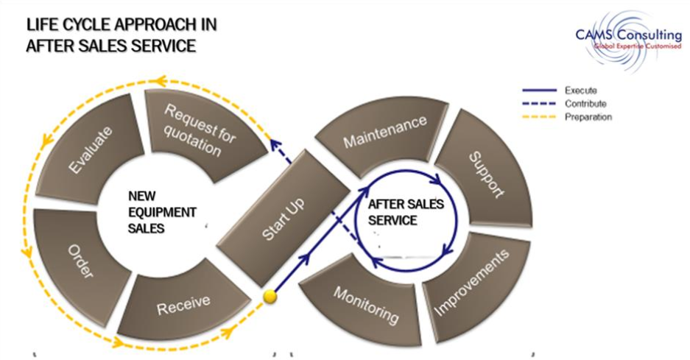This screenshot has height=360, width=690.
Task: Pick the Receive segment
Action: (184, 302)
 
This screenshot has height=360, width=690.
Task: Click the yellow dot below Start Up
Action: (271, 297)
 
